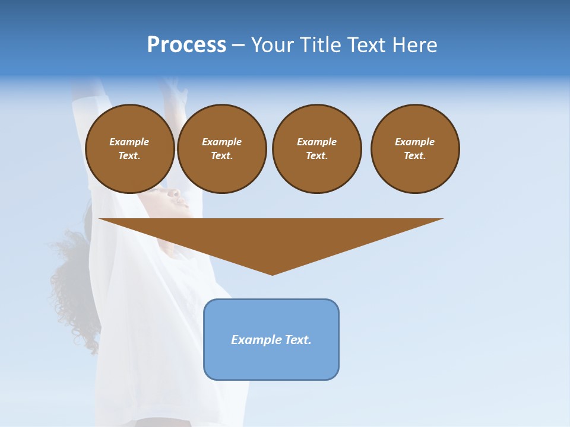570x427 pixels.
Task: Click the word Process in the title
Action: coord(186,45)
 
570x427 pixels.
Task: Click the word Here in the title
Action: coord(414,45)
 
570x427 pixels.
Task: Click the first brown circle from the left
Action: coord(129,149)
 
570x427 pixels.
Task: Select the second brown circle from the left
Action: coord(221,149)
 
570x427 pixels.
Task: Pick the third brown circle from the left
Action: coord(316,149)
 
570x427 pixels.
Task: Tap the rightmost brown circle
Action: coord(415,149)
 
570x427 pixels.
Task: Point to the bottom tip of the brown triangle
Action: coord(272,273)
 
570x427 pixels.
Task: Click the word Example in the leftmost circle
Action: coord(129,142)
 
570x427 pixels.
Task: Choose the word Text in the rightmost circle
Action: coord(414,156)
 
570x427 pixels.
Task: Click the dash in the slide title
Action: coord(238,45)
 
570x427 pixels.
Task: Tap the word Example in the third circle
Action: coord(316,142)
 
